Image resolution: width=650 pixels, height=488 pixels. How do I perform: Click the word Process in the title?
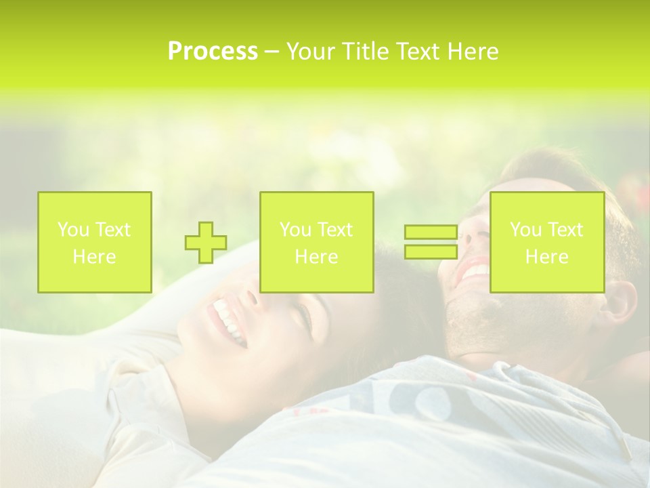coord(213,52)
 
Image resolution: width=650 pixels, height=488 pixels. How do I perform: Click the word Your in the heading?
coord(310,52)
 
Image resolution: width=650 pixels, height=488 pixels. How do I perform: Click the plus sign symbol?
coord(206,242)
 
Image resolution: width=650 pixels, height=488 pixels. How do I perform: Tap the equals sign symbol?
coord(431,242)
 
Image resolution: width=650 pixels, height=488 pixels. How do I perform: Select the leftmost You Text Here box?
coord(94,242)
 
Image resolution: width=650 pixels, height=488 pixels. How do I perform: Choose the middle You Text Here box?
coord(316,242)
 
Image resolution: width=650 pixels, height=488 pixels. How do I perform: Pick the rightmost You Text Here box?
coord(546,242)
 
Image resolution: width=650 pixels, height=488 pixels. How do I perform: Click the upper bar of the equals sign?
coord(431,232)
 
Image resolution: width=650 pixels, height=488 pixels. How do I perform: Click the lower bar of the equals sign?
coord(431,251)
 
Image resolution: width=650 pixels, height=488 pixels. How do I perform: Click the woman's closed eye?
coord(303,313)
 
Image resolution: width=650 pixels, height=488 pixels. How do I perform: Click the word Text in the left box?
coord(112,230)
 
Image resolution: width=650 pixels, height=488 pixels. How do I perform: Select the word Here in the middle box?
coord(316,256)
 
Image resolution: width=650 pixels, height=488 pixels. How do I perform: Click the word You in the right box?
coord(525,230)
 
